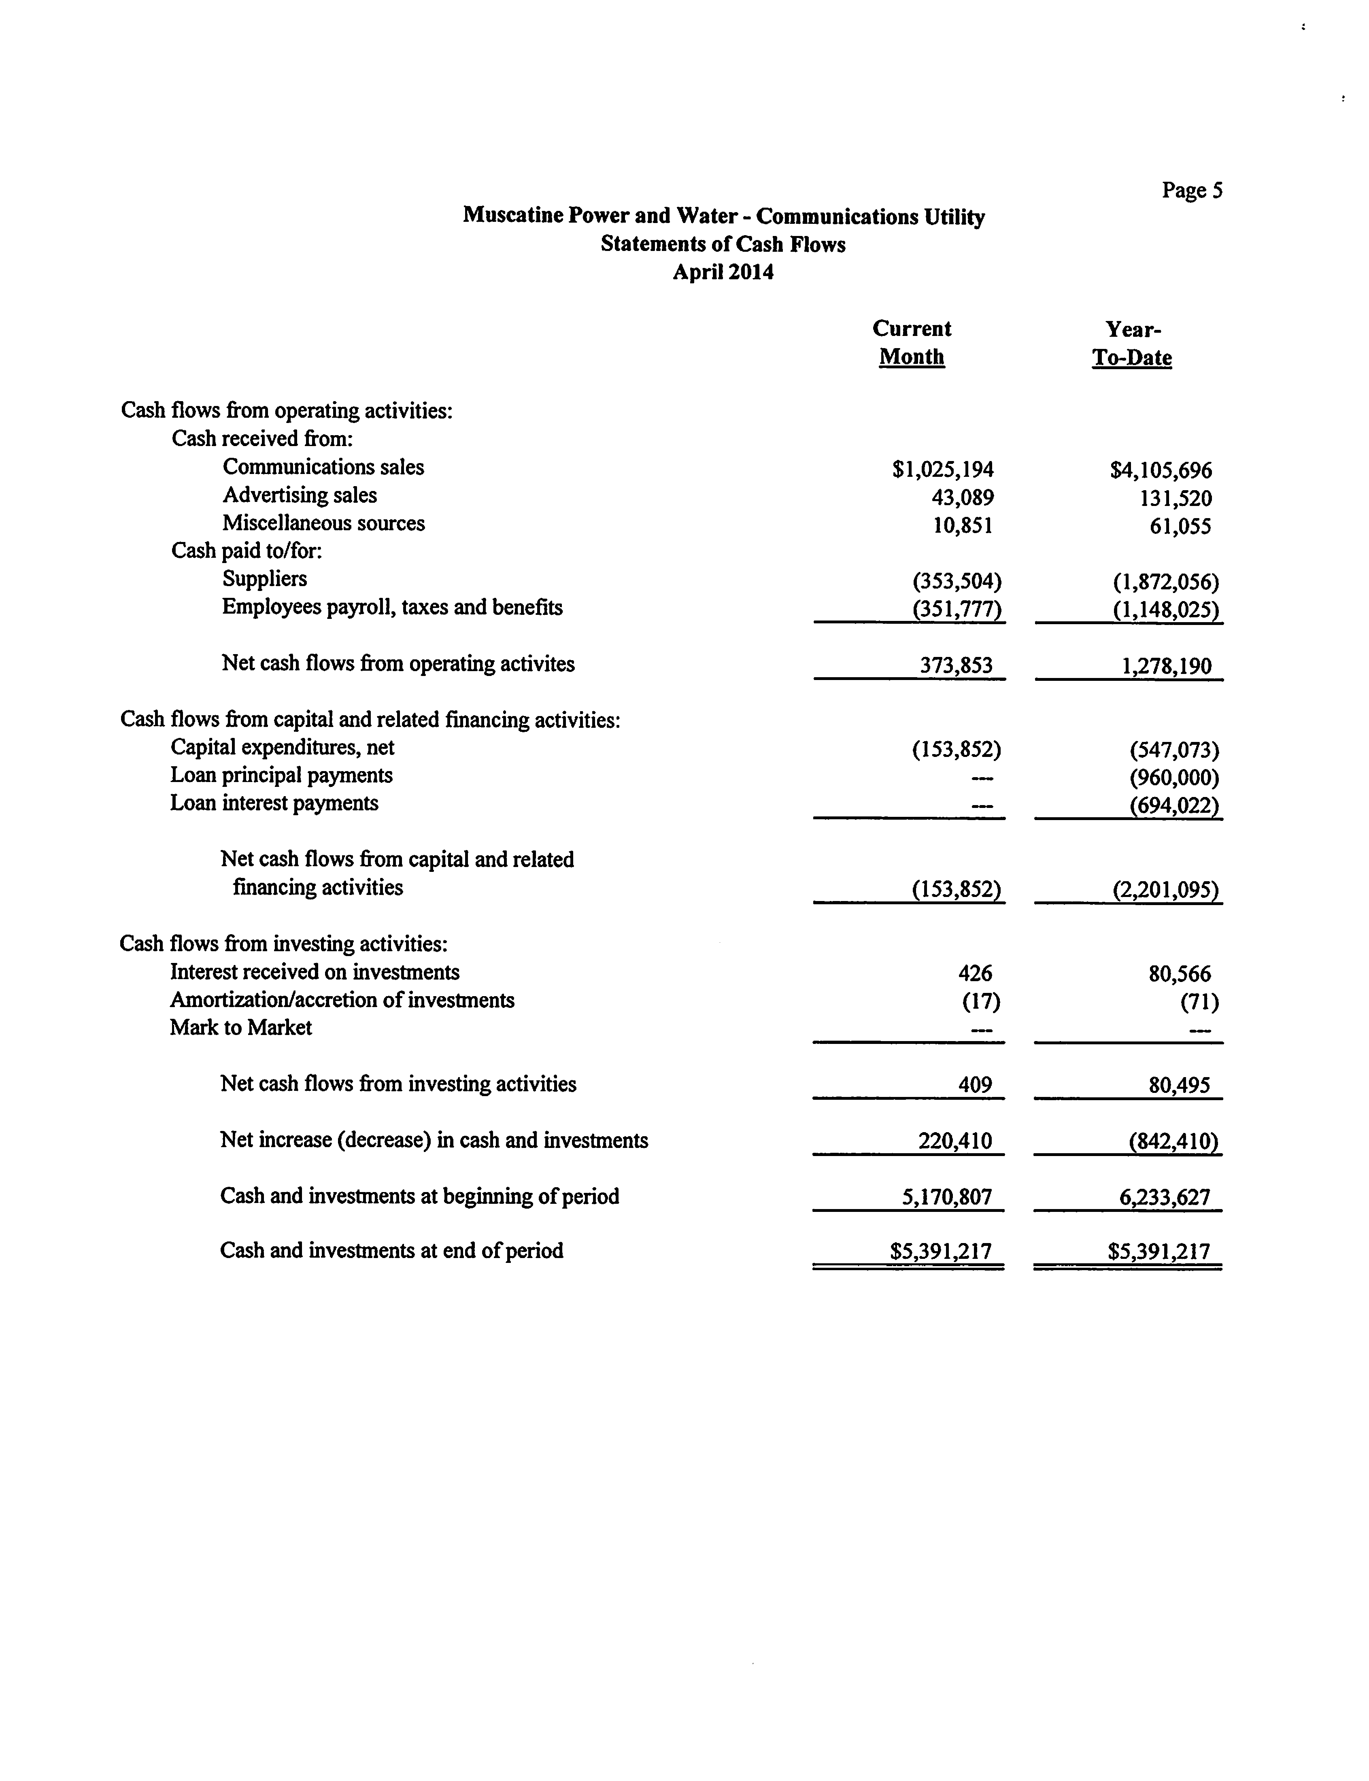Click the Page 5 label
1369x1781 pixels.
click(1191, 191)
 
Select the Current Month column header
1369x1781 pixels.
click(912, 343)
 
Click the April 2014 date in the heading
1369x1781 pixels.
click(723, 272)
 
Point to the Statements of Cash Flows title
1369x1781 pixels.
click(723, 244)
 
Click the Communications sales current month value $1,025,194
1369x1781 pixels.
click(943, 470)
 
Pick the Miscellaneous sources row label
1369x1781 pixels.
click(323, 523)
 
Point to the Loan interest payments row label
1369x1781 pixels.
click(274, 803)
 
